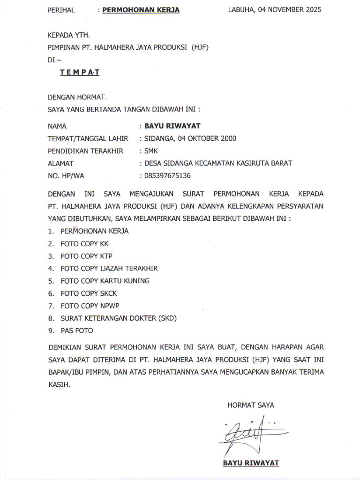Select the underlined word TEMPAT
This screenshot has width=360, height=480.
(79, 72)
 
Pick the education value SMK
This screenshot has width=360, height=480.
(151, 151)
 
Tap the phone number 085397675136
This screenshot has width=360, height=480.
(167, 176)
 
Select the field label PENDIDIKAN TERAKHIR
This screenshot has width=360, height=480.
(85, 151)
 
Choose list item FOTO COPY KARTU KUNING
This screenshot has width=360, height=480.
(105, 281)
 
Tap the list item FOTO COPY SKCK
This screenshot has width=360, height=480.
(89, 293)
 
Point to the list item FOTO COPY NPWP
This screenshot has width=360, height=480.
(90, 306)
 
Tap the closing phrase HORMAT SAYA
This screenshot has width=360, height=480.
(251, 405)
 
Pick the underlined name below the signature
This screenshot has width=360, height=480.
(251, 463)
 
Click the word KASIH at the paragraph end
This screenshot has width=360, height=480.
(58, 384)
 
